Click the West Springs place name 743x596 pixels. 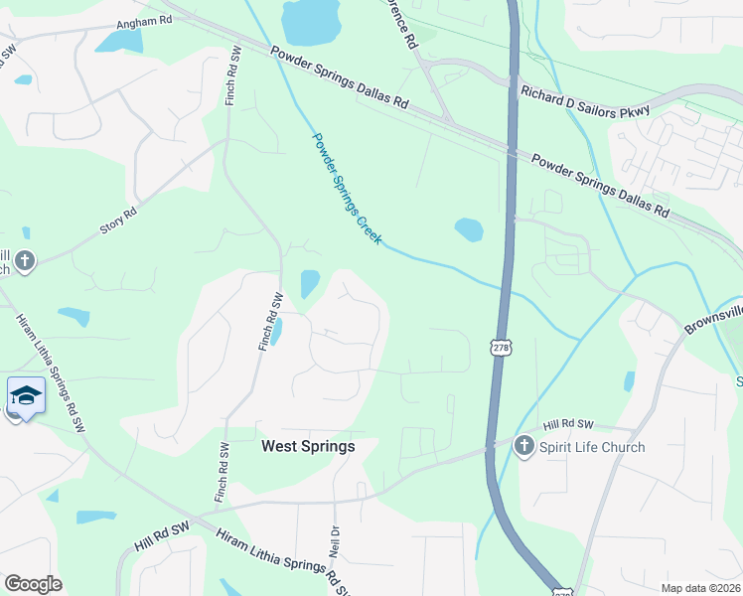308,447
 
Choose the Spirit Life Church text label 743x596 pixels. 592,447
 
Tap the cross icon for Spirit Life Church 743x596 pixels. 523,447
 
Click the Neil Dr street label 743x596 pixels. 335,541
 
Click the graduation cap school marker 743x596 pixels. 26,396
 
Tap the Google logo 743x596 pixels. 32,584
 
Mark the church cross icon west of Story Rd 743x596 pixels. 25,262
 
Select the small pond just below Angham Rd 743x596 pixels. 120,41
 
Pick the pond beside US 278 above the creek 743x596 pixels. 469,229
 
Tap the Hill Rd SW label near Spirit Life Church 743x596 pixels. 567,424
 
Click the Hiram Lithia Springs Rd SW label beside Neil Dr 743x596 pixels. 283,562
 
